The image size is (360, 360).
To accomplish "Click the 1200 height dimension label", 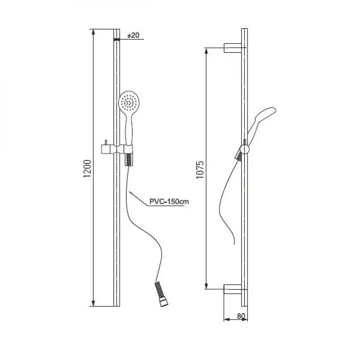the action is [87, 168].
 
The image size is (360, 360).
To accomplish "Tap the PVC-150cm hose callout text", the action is [169, 201].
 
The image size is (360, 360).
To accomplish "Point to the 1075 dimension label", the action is [200, 170].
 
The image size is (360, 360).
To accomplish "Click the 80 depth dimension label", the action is [241, 316].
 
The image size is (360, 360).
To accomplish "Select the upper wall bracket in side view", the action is [233, 48].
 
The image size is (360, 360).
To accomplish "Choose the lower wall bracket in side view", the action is [233, 289].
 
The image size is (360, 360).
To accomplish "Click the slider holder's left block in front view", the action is [106, 149].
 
